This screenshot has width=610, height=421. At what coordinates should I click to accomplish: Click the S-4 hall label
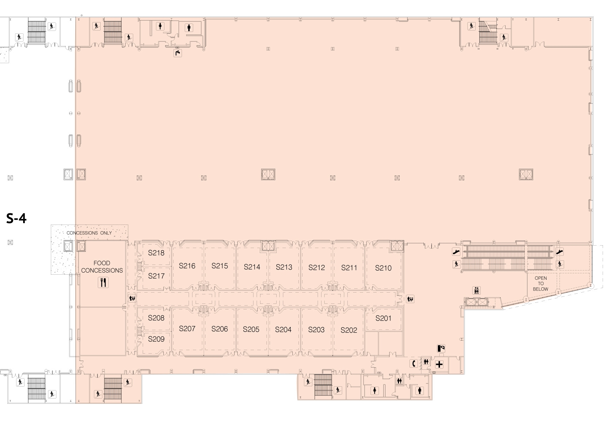[x=16, y=219]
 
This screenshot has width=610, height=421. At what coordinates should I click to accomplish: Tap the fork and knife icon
[x=103, y=282]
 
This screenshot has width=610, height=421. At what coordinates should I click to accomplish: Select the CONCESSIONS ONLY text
[x=89, y=233]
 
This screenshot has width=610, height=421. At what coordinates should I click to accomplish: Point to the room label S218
[x=156, y=253]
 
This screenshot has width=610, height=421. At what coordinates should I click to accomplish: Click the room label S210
[x=383, y=268]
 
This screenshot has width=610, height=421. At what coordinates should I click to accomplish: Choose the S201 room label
[x=383, y=318]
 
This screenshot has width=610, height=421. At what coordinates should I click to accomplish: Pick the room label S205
[x=251, y=329]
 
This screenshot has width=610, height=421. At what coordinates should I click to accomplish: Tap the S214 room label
[x=252, y=267]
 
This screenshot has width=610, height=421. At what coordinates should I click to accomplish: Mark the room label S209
[x=156, y=339]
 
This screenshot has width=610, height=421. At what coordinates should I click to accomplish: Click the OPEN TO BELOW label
[x=540, y=283]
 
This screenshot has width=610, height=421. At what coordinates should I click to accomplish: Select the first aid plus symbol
[x=439, y=365]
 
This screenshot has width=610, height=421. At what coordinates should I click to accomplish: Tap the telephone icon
[x=414, y=363]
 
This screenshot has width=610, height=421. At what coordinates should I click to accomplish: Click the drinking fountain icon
[x=178, y=53]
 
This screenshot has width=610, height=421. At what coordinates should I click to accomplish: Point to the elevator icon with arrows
[x=476, y=290]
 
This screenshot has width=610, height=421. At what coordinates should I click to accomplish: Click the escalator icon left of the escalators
[x=456, y=252]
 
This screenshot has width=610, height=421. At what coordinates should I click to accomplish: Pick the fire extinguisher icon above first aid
[x=441, y=349]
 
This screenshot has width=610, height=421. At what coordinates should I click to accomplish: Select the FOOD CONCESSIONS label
[x=102, y=267]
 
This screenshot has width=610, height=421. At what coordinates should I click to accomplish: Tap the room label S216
[x=187, y=266]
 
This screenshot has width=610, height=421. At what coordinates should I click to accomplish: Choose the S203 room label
[x=316, y=330]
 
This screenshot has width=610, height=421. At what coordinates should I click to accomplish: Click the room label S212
[x=317, y=268]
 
